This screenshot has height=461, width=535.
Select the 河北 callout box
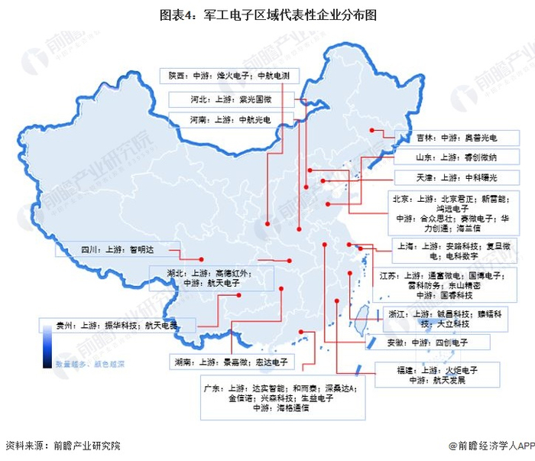[x=231, y=99]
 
